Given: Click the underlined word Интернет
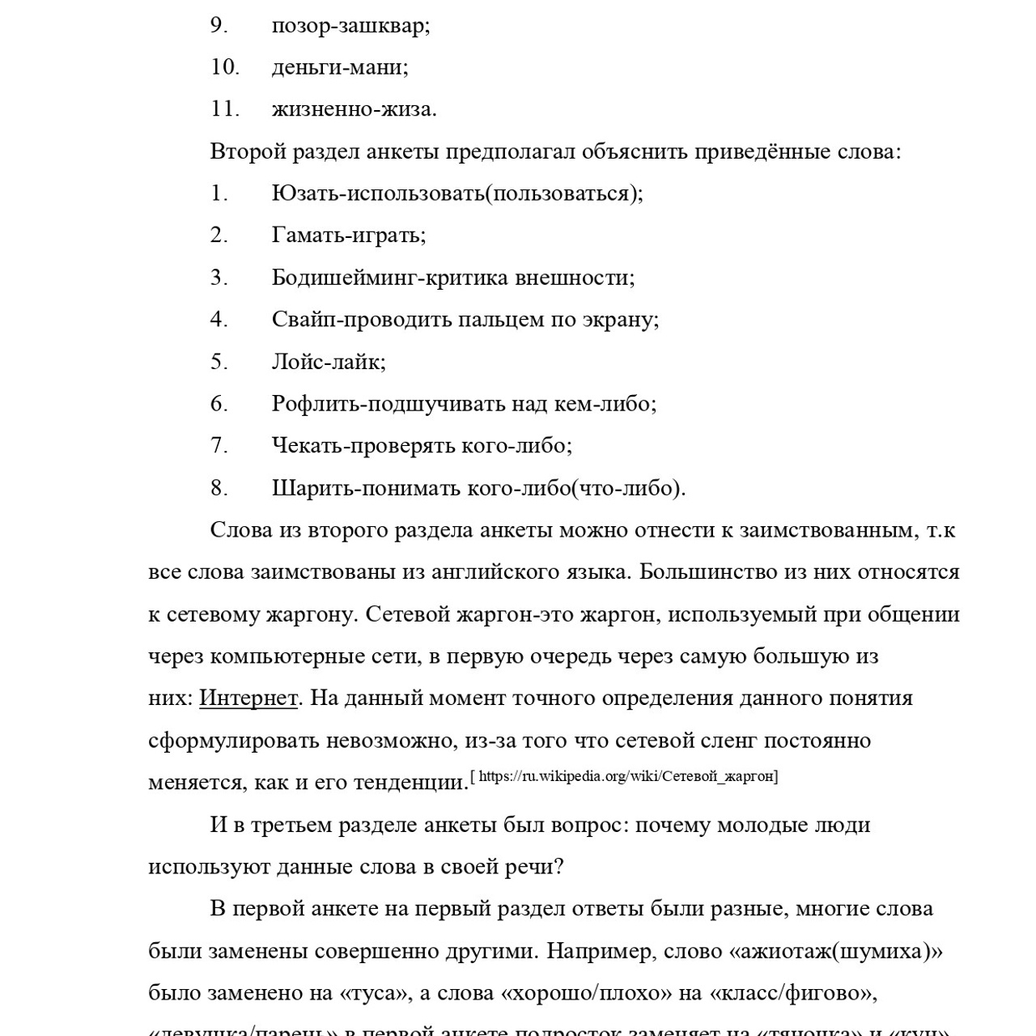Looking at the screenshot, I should (248, 698).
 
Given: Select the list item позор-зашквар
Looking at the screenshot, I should (350, 26).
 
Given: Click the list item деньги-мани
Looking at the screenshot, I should (340, 67).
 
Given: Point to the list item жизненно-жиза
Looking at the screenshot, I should (354, 108).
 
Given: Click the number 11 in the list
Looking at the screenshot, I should (225, 108).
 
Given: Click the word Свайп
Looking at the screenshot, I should (304, 320).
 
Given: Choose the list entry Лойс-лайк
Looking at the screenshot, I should (328, 362).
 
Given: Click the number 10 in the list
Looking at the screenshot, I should (225, 67).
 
